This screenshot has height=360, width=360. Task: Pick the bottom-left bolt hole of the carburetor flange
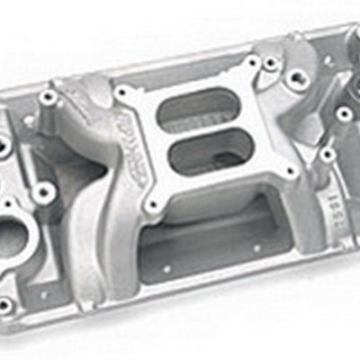click(x=155, y=204)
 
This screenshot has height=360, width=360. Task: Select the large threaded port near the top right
click(x=294, y=80)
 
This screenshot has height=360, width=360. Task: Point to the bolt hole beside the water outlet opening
click(x=42, y=192)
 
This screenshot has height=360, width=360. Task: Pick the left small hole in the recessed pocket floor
click(x=166, y=268)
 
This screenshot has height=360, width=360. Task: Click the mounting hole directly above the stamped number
click(x=326, y=154)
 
